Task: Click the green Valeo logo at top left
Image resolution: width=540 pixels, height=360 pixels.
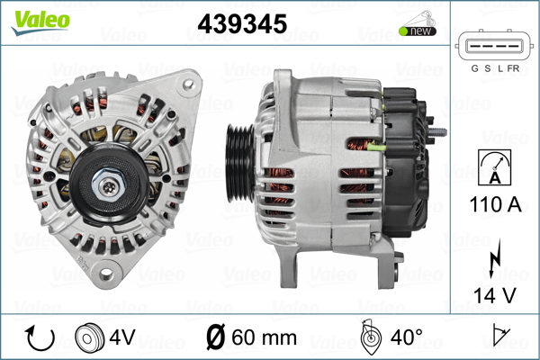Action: point(40,22)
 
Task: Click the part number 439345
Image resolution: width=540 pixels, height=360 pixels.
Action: point(242,23)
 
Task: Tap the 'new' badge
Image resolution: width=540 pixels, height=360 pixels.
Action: point(418,31)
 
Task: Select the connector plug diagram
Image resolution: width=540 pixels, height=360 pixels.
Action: point(494,46)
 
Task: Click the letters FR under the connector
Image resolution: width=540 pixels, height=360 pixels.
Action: point(513,68)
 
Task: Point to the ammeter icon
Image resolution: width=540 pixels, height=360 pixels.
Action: point(494,167)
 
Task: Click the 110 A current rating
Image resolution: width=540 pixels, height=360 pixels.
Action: point(495,204)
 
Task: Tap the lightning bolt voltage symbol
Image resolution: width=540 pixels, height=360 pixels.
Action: point(494,258)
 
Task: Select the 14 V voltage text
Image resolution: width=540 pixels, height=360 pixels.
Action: point(495,295)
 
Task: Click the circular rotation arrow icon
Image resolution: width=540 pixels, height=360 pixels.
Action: point(40,337)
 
